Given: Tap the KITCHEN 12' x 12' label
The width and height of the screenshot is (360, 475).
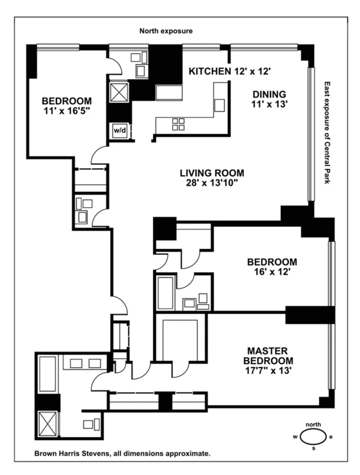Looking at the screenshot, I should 230,71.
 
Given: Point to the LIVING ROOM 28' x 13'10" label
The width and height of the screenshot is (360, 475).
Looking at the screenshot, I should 212,178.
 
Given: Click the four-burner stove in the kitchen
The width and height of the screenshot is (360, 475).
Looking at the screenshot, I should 179,124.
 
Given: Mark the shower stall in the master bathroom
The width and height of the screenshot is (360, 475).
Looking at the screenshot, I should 47,423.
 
